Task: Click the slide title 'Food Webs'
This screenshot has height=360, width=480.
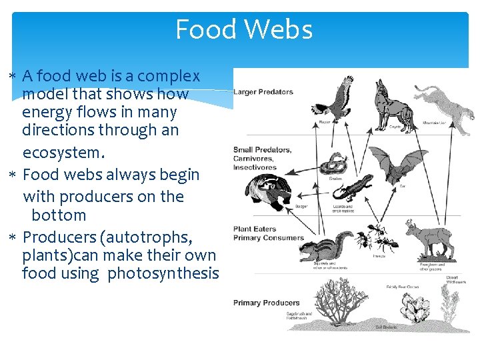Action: pyautogui.click(x=243, y=30)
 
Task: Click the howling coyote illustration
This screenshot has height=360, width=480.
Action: pyautogui.click(x=392, y=105)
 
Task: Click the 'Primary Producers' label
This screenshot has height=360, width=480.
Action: pyautogui.click(x=267, y=303)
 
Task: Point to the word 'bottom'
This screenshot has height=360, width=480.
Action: pyautogui.click(x=59, y=215)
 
